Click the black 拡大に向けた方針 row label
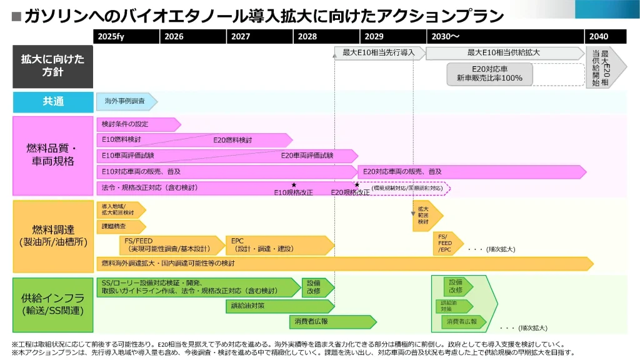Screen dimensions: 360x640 coord(52,66)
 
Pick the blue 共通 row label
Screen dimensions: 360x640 coord(52,101)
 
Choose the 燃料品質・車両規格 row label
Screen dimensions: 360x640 coord(52,154)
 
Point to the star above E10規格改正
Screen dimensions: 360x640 coord(294,185)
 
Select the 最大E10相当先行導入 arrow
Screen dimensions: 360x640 coord(379,53)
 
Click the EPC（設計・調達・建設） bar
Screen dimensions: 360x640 coord(279,244)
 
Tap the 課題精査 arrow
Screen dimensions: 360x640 coord(119,226)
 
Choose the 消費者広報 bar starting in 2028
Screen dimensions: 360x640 coord(332,321)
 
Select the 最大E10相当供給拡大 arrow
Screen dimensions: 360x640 coord(504,53)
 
